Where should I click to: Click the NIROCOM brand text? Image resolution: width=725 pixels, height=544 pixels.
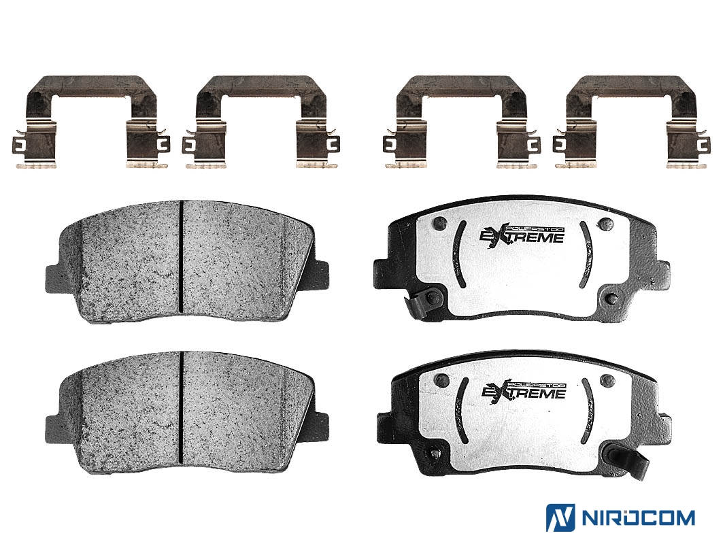point(637,517)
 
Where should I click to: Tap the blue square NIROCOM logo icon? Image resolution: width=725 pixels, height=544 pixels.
point(560,517)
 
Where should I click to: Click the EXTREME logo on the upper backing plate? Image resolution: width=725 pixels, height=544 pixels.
point(521,235)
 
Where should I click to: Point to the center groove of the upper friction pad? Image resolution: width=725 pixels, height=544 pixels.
point(181,256)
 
